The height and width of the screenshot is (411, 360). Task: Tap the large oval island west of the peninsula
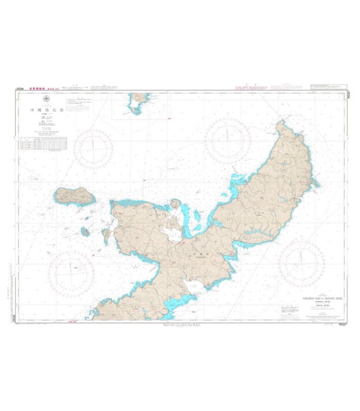pos(75,196)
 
